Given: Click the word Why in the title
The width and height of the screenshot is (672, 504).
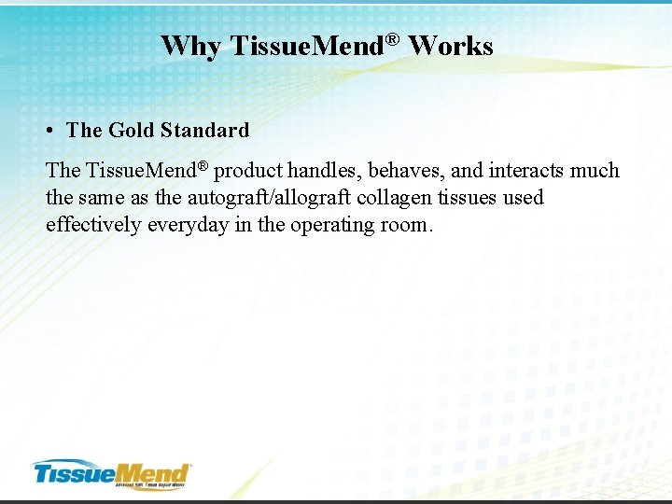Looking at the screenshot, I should (190, 46).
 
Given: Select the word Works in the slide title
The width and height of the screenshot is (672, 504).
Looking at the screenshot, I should (451, 46).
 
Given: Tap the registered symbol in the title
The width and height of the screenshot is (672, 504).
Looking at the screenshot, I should (394, 38).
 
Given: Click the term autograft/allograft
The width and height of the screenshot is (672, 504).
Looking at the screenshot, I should (271, 198).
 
